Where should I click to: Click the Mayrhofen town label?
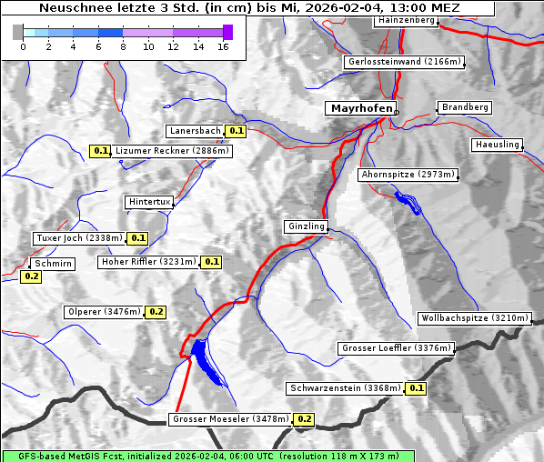click(x=361, y=108)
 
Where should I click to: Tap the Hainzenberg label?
click(x=405, y=20)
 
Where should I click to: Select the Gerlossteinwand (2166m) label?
click(x=405, y=62)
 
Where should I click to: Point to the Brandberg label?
click(x=465, y=107)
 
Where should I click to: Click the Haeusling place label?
click(x=497, y=145)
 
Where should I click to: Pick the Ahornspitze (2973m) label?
click(x=408, y=174)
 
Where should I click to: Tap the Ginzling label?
click(x=306, y=226)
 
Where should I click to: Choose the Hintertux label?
click(x=149, y=202)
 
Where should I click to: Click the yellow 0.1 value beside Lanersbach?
click(x=237, y=131)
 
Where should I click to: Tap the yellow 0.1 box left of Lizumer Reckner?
click(x=101, y=151)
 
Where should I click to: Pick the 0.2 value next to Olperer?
click(x=156, y=312)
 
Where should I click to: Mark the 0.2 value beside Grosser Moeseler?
click(x=304, y=419)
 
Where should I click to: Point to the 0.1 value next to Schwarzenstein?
click(x=417, y=388)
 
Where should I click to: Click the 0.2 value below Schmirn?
click(x=31, y=276)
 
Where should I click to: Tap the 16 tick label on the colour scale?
click(x=223, y=45)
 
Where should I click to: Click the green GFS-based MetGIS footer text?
click(x=207, y=456)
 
